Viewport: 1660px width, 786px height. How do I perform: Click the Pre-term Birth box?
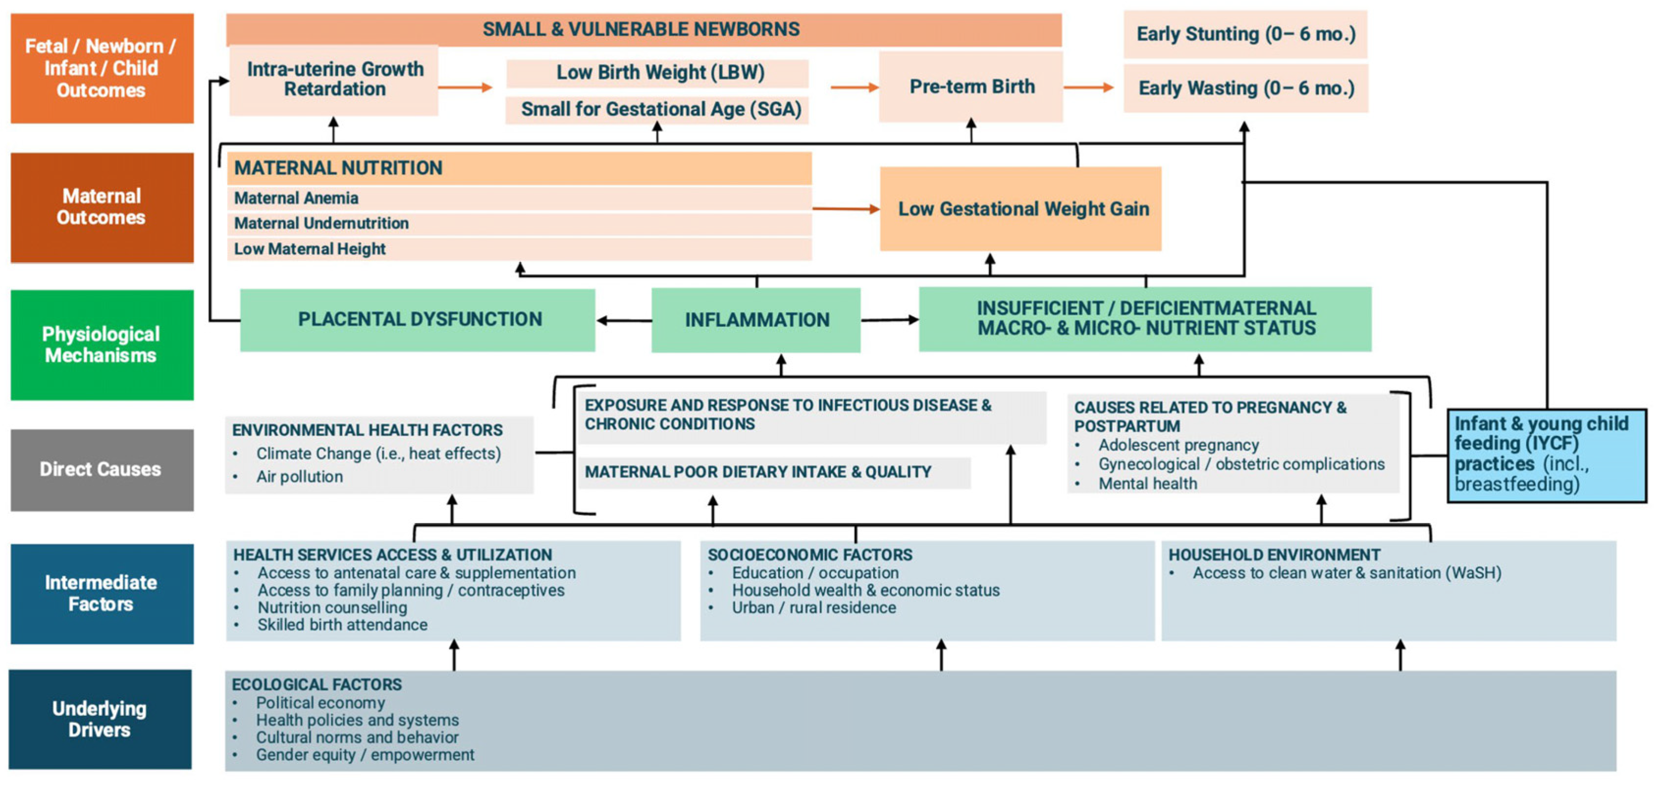click(971, 86)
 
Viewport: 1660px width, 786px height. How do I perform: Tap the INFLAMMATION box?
click(756, 320)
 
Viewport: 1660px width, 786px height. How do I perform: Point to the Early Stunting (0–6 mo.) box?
click(1245, 34)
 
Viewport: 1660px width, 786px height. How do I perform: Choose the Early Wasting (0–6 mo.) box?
click(1245, 88)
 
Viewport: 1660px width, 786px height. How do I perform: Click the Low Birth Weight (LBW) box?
click(659, 73)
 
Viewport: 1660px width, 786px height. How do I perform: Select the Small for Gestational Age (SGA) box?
click(659, 109)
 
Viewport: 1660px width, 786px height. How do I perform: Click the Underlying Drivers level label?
click(101, 719)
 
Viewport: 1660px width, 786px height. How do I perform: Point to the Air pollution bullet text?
click(299, 477)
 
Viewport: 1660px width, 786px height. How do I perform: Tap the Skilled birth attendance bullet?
click(342, 625)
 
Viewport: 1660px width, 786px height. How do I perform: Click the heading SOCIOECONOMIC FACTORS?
click(809, 555)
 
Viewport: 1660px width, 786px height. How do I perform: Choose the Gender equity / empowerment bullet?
click(365, 755)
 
